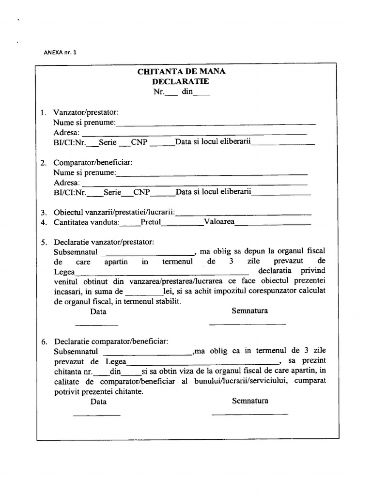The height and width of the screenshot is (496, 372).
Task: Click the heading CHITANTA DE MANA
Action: click(x=181, y=72)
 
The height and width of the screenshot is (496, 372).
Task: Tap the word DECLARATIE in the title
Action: click(x=181, y=81)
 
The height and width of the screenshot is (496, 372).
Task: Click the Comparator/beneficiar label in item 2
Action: click(x=93, y=162)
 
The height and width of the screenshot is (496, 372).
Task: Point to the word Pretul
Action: click(x=151, y=222)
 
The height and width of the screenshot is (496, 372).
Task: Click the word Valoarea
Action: click(x=219, y=222)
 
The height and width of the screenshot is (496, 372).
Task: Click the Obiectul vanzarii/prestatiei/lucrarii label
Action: click(x=114, y=212)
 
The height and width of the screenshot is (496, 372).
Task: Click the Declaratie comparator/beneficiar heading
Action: click(x=111, y=341)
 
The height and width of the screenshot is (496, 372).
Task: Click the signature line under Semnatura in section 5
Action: click(x=247, y=324)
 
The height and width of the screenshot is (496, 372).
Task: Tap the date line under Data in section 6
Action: click(x=96, y=415)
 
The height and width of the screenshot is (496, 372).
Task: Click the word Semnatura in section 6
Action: click(x=250, y=401)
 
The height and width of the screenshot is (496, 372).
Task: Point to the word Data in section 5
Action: click(x=98, y=311)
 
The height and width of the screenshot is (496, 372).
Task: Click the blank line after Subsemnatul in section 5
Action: click(x=149, y=254)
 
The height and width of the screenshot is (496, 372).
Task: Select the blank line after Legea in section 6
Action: click(x=202, y=364)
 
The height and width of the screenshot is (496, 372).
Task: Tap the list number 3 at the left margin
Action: click(x=43, y=213)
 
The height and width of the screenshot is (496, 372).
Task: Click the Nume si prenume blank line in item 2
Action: click(x=212, y=174)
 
